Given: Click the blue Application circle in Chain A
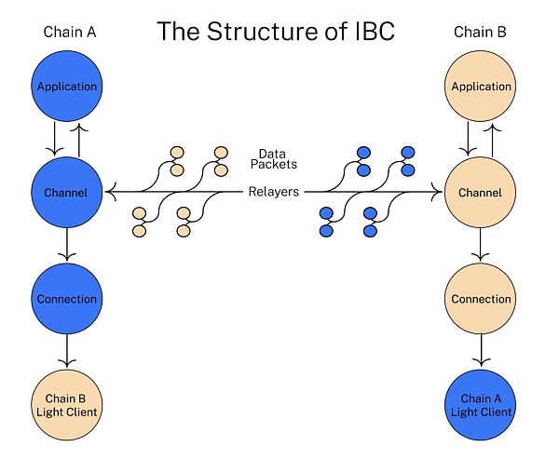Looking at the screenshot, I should [x=66, y=87].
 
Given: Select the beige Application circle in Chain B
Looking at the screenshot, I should [x=482, y=87].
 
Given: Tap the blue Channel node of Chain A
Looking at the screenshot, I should [x=66, y=193].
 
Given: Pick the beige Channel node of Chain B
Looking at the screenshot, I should [x=482, y=193].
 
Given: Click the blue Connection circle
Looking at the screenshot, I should [x=66, y=299].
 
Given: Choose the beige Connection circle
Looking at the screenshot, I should [x=482, y=299].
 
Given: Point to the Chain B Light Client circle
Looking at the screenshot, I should [x=66, y=405].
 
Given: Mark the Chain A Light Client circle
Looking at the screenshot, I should [x=482, y=405].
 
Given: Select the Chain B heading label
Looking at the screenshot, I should [x=481, y=33].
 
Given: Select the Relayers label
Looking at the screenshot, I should [x=273, y=193].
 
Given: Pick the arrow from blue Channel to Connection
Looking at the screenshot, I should [x=66, y=246].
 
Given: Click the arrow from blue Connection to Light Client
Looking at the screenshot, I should [x=66, y=352].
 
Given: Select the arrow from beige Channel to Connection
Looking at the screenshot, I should [x=482, y=246].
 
